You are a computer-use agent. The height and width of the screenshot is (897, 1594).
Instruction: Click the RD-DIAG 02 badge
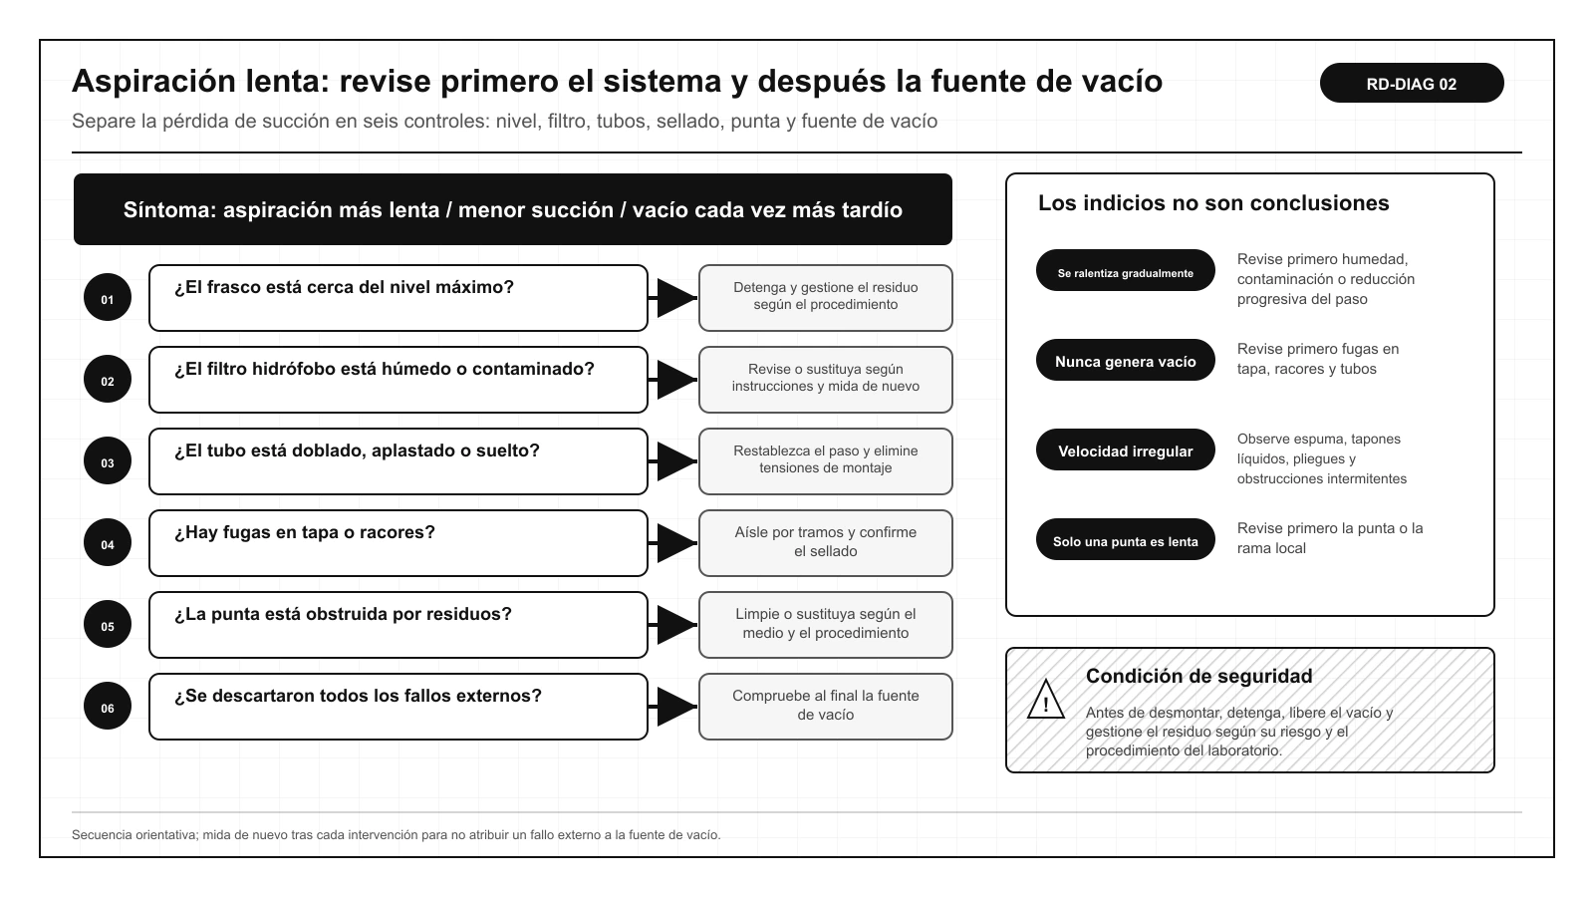(x=1411, y=83)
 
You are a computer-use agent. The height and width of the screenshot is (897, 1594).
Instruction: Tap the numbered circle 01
(x=108, y=297)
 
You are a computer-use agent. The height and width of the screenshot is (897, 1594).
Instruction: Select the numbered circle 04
(x=108, y=542)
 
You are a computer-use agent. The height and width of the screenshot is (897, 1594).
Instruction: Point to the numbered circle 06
(x=108, y=707)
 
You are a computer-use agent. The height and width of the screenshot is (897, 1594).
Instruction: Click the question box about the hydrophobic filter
(x=398, y=380)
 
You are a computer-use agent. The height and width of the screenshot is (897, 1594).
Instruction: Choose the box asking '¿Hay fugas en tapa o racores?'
(x=398, y=543)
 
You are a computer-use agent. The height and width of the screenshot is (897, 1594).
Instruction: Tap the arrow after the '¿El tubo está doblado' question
(x=673, y=461)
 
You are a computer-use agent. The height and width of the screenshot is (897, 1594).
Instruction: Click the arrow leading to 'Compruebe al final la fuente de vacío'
(x=673, y=707)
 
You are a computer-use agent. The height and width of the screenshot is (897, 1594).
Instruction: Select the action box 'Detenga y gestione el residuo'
(x=826, y=298)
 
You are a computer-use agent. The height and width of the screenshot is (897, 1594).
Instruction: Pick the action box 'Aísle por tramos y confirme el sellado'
(x=826, y=543)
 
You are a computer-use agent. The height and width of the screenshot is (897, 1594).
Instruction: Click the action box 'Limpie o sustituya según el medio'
(x=826, y=625)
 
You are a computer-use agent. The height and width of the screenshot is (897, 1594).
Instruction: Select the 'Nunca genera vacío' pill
(x=1125, y=360)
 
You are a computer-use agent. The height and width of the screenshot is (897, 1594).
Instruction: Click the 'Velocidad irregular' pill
(x=1125, y=449)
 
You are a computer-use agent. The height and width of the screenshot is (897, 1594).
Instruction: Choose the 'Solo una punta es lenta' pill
(x=1125, y=539)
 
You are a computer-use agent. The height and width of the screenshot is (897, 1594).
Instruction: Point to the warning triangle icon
(x=1046, y=701)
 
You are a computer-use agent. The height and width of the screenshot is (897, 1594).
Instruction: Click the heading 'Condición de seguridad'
(x=1199, y=676)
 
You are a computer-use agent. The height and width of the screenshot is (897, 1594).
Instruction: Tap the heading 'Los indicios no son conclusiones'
(x=1213, y=203)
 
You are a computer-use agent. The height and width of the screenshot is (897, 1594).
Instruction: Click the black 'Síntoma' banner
(x=512, y=209)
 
